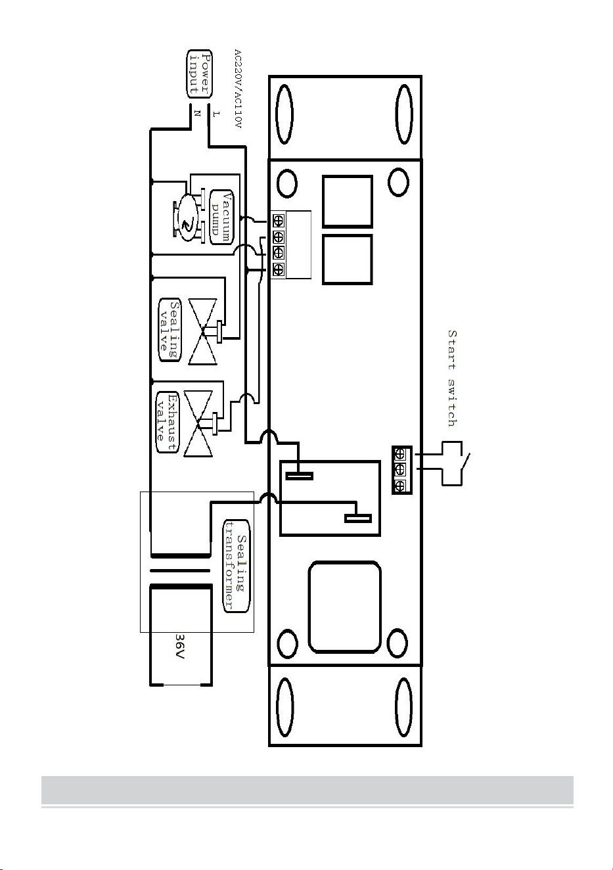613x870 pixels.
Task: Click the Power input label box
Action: (x=200, y=73)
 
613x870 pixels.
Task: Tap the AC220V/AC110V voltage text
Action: (x=238, y=89)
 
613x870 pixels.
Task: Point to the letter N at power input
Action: (x=197, y=114)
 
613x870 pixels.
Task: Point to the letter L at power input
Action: (x=216, y=114)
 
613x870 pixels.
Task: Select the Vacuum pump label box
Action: (x=221, y=217)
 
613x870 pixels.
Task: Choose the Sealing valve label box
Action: (x=170, y=330)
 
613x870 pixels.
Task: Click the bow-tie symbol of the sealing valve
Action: (x=202, y=331)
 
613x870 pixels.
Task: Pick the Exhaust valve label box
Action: (x=167, y=422)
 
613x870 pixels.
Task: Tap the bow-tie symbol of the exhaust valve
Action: (x=198, y=424)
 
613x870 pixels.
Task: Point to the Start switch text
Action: (x=452, y=378)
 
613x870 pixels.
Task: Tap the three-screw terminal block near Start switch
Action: (x=401, y=470)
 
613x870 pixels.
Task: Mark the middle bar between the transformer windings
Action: (x=180, y=570)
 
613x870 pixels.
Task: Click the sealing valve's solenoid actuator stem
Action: (x=214, y=332)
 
